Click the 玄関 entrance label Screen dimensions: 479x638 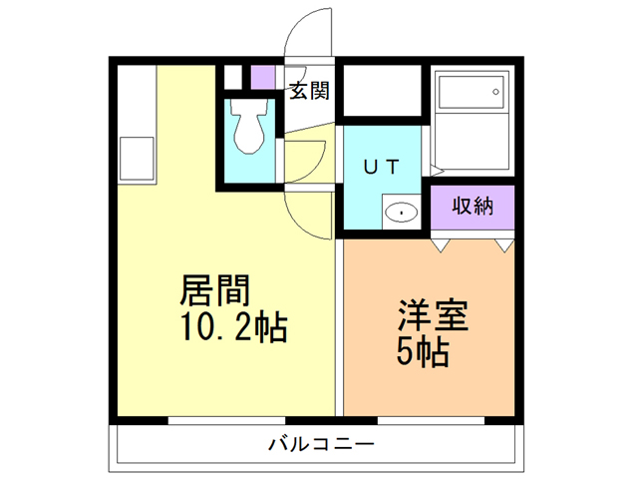point(310,93)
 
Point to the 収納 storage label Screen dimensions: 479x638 point(473,207)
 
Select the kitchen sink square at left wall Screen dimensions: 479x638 point(136,158)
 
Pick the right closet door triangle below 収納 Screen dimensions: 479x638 point(503,242)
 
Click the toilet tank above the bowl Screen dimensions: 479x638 point(248,105)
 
